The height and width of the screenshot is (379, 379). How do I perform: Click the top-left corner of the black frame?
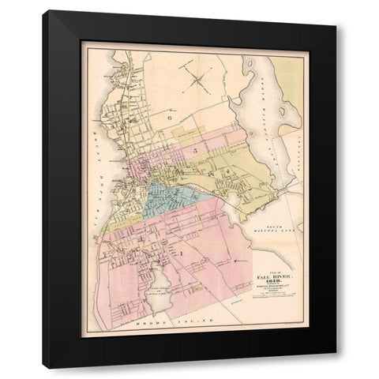[x=44, y=10]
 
